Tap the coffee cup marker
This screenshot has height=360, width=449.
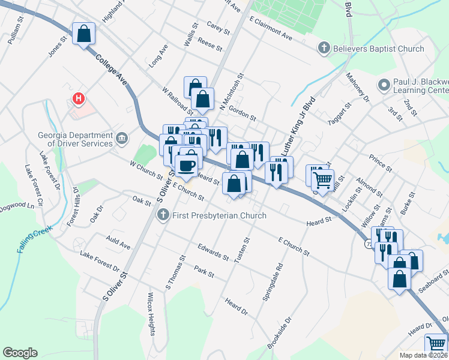(x=187, y=164)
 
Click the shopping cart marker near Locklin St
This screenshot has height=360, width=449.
(x=323, y=179)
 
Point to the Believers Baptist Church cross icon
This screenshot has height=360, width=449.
(x=324, y=49)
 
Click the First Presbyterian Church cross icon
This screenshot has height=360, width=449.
(x=163, y=215)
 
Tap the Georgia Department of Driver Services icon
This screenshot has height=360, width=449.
(x=122, y=139)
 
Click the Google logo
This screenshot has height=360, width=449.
(x=20, y=353)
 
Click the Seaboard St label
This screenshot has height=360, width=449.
(x=433, y=281)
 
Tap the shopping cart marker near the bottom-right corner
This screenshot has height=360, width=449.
(x=436, y=346)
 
